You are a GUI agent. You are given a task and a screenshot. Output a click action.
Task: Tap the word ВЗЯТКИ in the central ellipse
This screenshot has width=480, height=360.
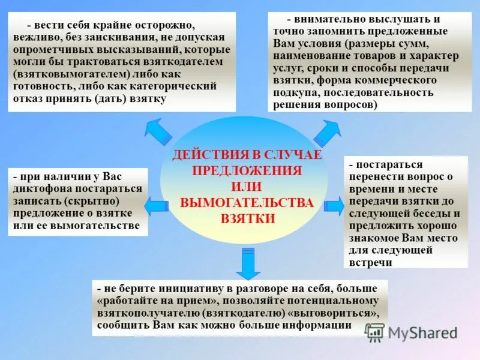pos(248,218)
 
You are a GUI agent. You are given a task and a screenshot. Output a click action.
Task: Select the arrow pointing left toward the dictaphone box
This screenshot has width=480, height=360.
pos(155,206)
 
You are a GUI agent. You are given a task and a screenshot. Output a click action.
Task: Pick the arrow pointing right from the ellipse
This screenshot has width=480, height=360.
pos(334,205)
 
